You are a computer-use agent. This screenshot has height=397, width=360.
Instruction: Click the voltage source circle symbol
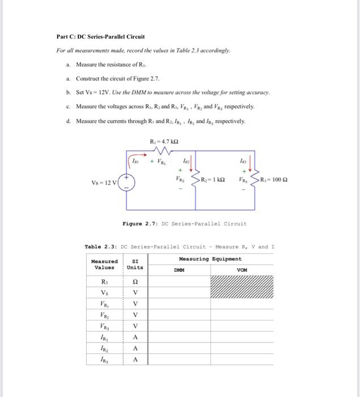coord(126,183)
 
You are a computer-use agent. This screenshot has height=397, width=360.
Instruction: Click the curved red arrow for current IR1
coord(137,159)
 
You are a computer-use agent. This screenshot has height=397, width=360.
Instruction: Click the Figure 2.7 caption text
coord(184,223)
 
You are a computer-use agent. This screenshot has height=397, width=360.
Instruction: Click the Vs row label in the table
coord(104,292)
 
